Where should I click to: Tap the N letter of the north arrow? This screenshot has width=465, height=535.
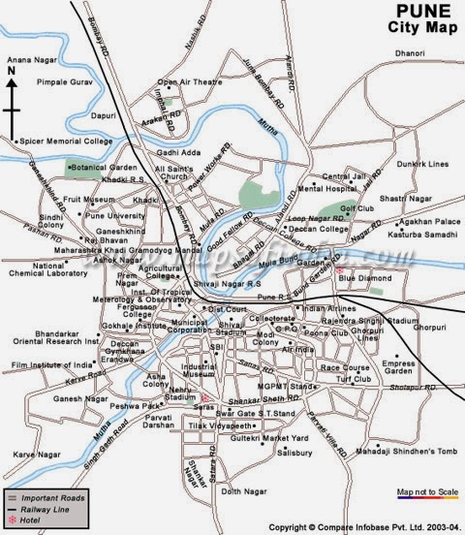(11, 71)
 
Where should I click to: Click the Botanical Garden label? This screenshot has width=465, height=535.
(106, 167)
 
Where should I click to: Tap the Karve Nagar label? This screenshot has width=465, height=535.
(36, 454)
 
